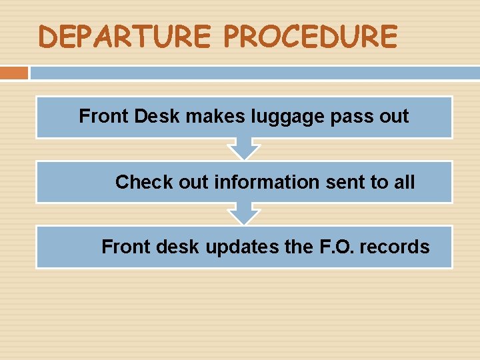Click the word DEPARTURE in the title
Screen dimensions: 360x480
(x=126, y=37)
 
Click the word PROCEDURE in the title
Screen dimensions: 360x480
(x=310, y=37)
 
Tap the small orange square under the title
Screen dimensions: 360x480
(x=14, y=72)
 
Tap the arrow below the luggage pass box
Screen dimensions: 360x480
(x=244, y=149)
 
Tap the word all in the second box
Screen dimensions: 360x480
(x=404, y=182)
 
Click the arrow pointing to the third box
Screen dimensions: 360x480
(x=244, y=214)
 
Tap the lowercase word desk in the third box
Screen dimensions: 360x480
(x=178, y=247)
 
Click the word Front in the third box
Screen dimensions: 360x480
(x=125, y=247)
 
